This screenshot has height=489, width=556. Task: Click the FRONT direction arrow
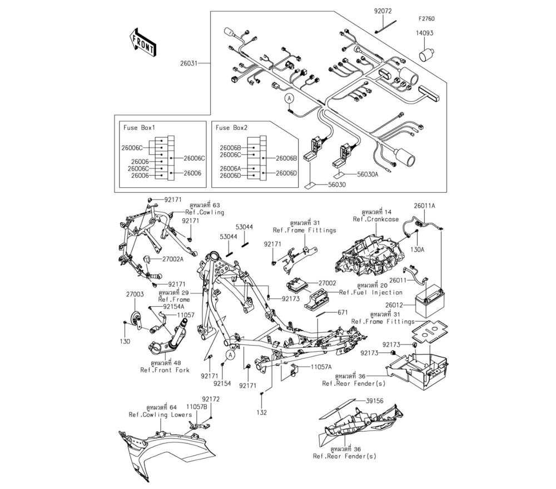pyautogui.click(x=142, y=43)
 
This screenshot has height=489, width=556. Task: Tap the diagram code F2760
pyautogui.click(x=427, y=19)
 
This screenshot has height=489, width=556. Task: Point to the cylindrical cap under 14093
pyautogui.click(x=427, y=54)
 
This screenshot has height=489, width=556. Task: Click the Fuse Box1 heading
pyautogui.click(x=139, y=128)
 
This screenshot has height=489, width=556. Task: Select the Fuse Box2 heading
pyautogui.click(x=231, y=128)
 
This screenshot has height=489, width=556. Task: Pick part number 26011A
pyautogui.click(x=424, y=206)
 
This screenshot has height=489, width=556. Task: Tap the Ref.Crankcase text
pyautogui.click(x=376, y=219)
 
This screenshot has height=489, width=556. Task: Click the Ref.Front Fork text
pyautogui.click(x=165, y=370)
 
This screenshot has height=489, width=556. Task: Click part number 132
pyautogui.click(x=262, y=412)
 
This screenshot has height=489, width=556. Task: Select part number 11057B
pyautogui.click(x=196, y=407)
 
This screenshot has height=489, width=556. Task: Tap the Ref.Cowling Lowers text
pyautogui.click(x=160, y=415)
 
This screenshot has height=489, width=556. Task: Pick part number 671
pyautogui.click(x=342, y=313)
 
